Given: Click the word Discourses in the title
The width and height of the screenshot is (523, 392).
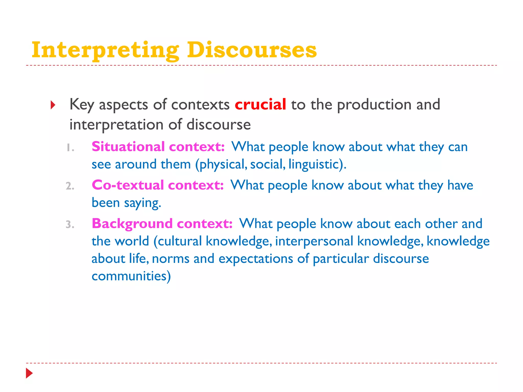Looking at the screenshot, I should point(252,50).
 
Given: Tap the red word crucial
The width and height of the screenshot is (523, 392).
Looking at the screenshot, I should point(260,104).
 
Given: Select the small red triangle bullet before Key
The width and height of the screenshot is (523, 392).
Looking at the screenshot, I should point(53,105).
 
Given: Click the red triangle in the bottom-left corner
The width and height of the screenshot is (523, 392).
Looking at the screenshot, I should point(29,373).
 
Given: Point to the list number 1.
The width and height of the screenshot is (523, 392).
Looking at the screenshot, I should point(70,148).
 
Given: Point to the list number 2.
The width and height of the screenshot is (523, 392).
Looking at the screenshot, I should point(70,186).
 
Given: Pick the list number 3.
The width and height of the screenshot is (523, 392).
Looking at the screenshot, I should point(70,225).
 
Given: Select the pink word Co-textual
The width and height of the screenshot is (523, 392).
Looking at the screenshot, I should point(128,185).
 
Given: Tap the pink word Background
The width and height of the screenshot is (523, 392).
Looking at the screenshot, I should point(132,224).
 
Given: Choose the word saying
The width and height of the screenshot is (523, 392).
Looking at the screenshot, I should point(142,203).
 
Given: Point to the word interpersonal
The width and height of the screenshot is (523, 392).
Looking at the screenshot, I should point(314,241).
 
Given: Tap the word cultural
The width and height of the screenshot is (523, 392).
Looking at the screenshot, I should point(180,241).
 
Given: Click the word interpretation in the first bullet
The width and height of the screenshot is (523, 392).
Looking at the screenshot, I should point(116,125).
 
